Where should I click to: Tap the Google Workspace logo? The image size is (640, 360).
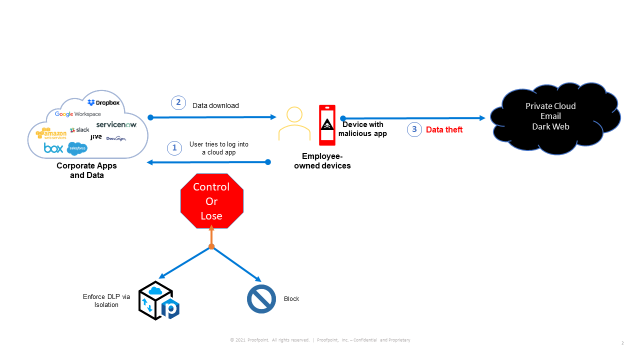(x=78, y=114)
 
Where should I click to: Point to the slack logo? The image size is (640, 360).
(x=79, y=130)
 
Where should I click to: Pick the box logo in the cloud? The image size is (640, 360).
(x=53, y=148)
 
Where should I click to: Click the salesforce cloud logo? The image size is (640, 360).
(x=77, y=148)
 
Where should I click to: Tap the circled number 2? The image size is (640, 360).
(x=177, y=103)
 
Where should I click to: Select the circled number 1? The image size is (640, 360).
(x=174, y=148)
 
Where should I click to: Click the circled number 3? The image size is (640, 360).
(x=414, y=129)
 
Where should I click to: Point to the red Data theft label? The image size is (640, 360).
(x=444, y=130)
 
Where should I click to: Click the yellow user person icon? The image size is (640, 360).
(x=294, y=124)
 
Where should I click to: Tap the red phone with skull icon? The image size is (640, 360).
(x=327, y=125)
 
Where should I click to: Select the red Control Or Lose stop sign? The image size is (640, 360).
(x=211, y=201)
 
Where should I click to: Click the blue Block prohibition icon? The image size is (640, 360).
(x=261, y=299)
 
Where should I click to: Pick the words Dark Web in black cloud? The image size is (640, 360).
(x=550, y=127)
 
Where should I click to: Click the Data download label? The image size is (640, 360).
(x=215, y=106)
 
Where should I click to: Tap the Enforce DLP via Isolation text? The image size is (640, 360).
(x=106, y=300)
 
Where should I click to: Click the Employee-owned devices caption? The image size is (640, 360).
(x=322, y=161)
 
